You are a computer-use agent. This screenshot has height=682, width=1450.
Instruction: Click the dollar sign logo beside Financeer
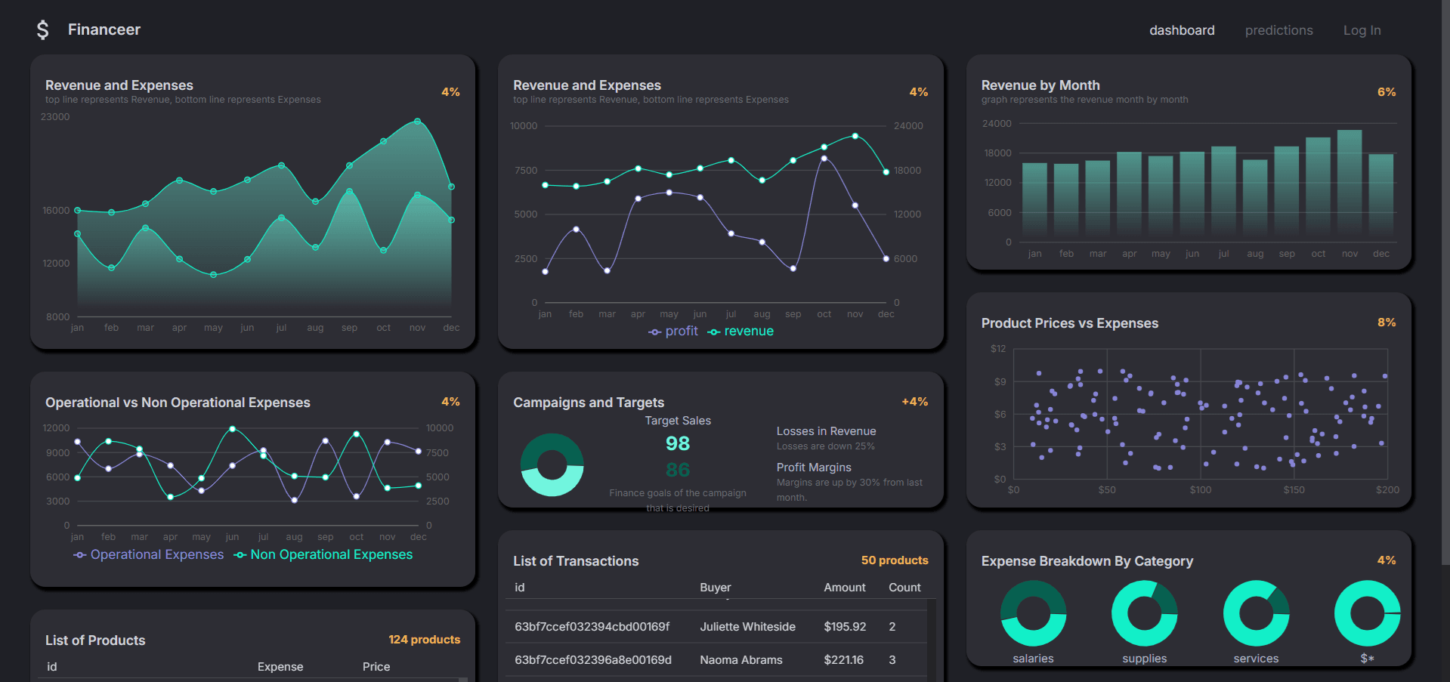pos(42,30)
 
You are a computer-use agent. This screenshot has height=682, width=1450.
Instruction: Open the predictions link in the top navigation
pos(1278,30)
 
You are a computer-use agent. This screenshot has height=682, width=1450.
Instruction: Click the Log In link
pos(1362,30)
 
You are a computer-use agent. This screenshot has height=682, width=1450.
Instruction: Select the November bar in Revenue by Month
pos(1349,181)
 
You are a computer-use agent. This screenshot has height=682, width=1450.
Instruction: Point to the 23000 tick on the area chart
pos(55,117)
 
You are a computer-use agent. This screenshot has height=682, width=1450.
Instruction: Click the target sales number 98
pos(677,444)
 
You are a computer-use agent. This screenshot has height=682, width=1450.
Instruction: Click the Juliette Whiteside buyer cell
pos(747,627)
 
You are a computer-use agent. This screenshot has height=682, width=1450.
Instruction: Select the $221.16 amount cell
pos(843,660)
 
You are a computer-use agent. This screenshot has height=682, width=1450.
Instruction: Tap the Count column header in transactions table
pos(904,588)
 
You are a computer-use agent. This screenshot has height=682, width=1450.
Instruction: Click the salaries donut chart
pos(1033,613)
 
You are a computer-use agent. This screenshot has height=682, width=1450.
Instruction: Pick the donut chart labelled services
pos(1256,613)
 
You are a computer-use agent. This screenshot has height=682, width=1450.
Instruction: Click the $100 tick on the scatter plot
pos(1200,490)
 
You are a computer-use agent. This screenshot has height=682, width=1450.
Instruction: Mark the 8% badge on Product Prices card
pos(1386,322)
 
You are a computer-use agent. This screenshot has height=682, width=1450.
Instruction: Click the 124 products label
pos(424,640)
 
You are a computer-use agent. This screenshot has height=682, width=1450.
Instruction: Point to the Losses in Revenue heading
pos(826,431)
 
